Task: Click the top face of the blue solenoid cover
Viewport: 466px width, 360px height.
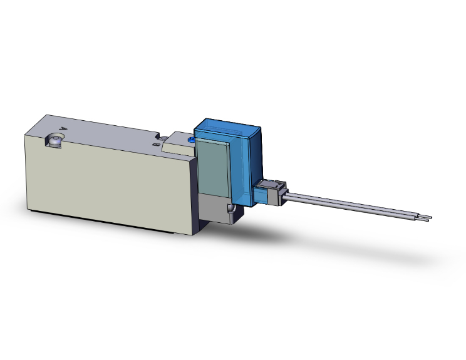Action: [227, 129]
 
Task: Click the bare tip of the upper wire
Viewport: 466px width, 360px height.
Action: [428, 217]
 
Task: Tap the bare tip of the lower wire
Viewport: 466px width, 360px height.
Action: [426, 220]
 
